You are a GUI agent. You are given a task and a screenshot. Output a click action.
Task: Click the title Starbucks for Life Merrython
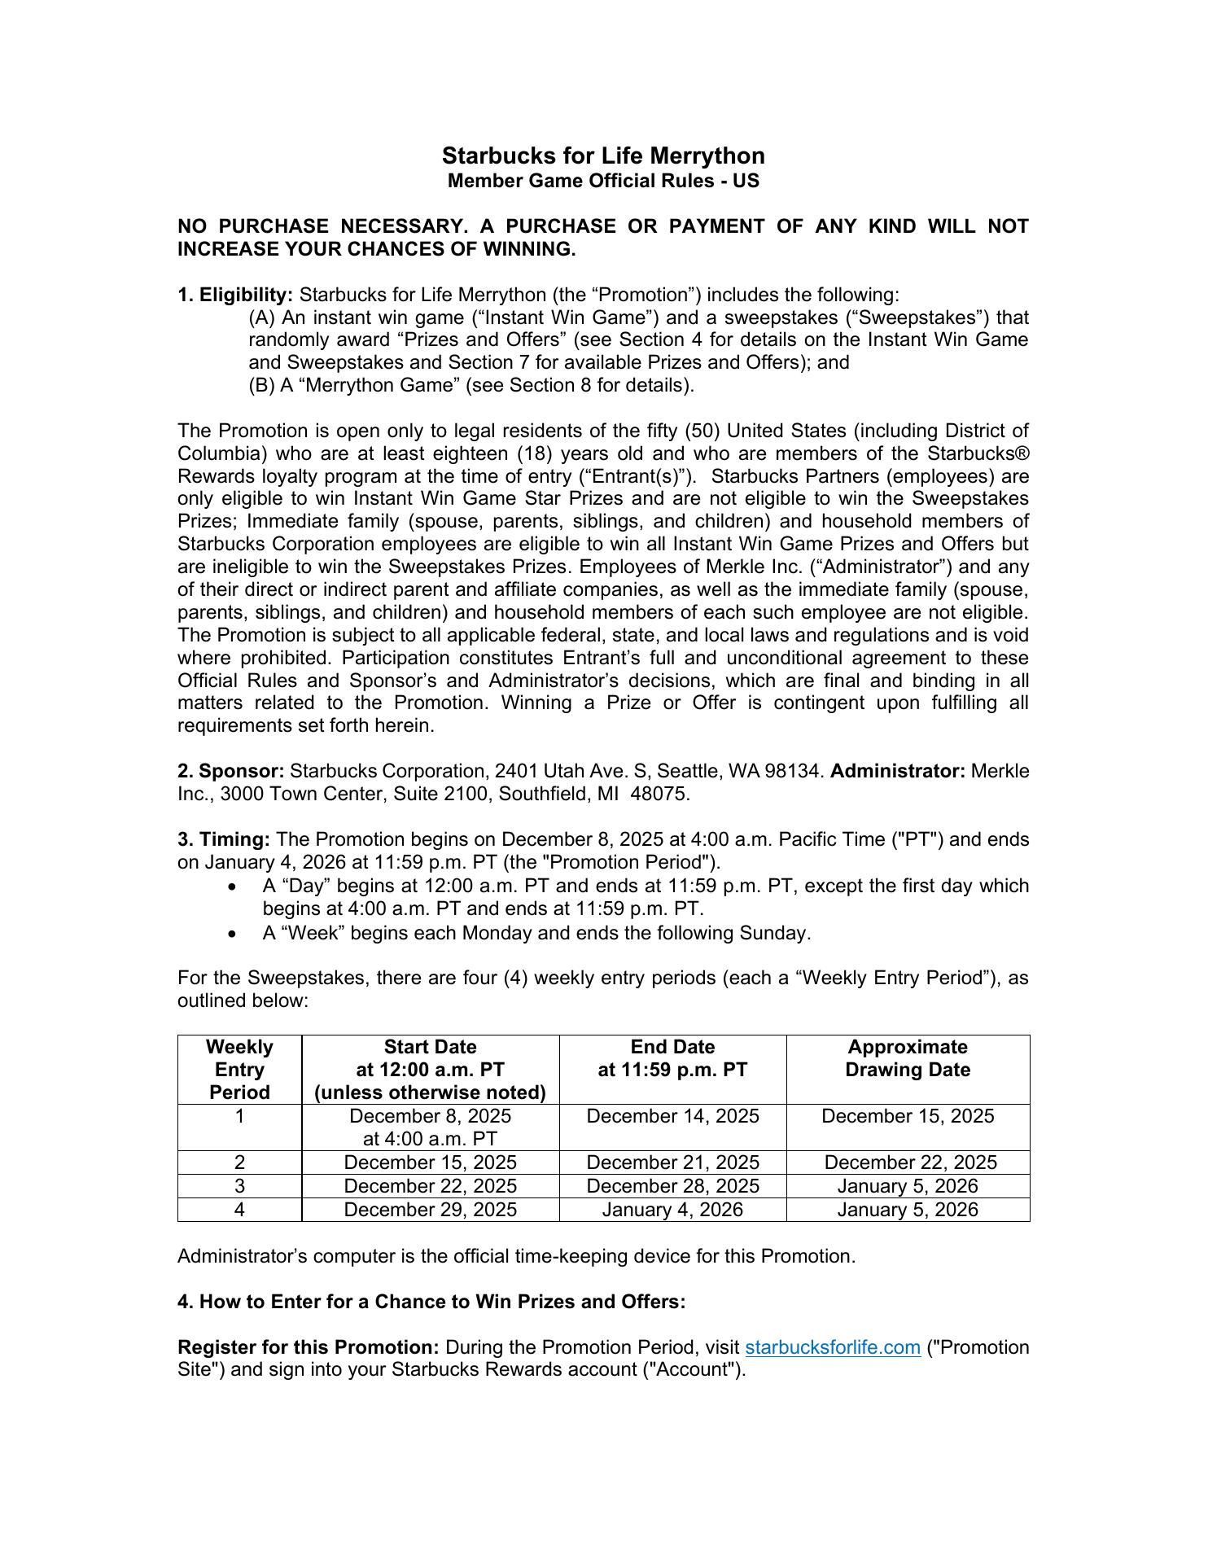tap(603, 155)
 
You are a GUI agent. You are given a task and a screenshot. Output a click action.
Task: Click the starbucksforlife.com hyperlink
tap(833, 1347)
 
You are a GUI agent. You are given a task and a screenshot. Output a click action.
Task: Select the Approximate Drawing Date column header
tap(908, 1058)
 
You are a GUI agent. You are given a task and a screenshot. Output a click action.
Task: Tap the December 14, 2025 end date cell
tap(672, 1116)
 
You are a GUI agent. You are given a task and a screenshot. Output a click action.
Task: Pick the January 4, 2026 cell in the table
tap(672, 1210)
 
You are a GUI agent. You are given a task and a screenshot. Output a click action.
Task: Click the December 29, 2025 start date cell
tap(430, 1210)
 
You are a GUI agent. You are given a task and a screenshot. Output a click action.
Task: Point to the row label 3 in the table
tap(239, 1186)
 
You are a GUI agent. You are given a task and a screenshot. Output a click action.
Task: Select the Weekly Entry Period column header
tap(239, 1070)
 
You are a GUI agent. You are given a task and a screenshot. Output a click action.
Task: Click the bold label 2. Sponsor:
tap(231, 771)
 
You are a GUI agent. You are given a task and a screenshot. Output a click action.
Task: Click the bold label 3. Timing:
tap(224, 839)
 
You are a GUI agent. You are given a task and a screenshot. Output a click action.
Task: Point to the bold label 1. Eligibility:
tap(235, 295)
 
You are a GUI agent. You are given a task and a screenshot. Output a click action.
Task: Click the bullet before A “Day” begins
tap(234, 887)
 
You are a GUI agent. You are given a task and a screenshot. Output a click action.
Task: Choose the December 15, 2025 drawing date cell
tap(908, 1116)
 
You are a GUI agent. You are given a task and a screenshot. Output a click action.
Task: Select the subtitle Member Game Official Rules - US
tap(603, 181)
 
